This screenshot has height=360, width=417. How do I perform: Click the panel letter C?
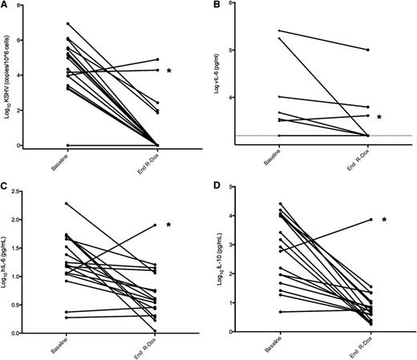tap(6, 189)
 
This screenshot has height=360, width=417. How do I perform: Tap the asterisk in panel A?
tap(169, 71)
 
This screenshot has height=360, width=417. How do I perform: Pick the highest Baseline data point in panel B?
tap(279, 31)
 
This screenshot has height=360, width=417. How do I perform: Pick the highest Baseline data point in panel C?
tap(67, 203)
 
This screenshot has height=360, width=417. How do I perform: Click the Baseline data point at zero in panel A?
tap(67, 145)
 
